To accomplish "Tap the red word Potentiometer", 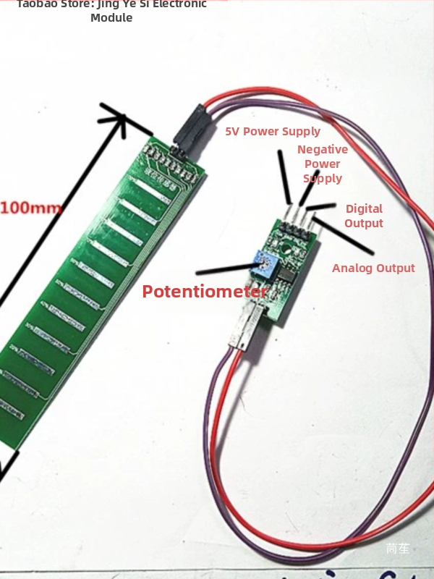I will pyautogui.click(x=205, y=292).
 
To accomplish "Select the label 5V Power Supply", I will pyautogui.click(x=273, y=131).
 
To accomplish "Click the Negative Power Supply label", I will pyautogui.click(x=323, y=164).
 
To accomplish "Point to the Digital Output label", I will pyautogui.click(x=364, y=216).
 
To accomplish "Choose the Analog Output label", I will pyautogui.click(x=373, y=268).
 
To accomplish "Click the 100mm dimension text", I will pyautogui.click(x=31, y=208).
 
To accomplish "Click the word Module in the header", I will pyautogui.click(x=111, y=17).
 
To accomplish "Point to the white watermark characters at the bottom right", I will pyautogui.click(x=398, y=549).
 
